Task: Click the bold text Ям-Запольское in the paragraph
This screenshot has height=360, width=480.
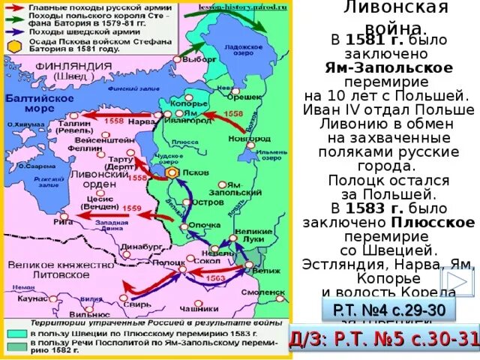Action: point(388,67)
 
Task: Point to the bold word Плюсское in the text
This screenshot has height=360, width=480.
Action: point(432,222)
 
